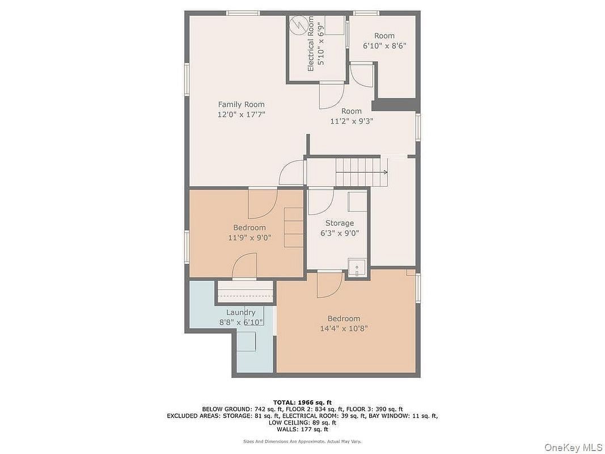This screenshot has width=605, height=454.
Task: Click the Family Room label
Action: pyautogui.click(x=241, y=104)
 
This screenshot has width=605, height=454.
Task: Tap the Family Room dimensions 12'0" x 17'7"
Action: pyautogui.click(x=241, y=114)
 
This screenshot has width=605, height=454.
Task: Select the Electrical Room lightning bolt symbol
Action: pyautogui.click(x=298, y=25)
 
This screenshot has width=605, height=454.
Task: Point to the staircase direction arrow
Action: pyautogui.click(x=362, y=172)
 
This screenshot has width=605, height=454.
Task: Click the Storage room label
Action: pyautogui.click(x=340, y=223)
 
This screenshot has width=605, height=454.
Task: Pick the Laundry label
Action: pyautogui.click(x=241, y=312)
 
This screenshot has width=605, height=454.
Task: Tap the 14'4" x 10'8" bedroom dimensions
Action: pyautogui.click(x=344, y=329)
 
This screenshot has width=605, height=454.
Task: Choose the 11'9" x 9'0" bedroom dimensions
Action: pyautogui.click(x=249, y=238)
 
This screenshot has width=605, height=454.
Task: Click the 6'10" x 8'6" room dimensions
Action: pyautogui.click(x=384, y=45)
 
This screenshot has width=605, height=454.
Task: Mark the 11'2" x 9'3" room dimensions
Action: pyautogui.click(x=351, y=121)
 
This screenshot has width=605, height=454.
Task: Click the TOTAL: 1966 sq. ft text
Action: pyautogui.click(x=302, y=403)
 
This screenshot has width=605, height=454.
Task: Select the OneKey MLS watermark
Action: pyautogui.click(x=573, y=447)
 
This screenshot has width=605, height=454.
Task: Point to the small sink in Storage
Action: pyautogui.click(x=357, y=268)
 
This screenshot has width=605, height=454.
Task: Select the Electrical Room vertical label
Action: pyautogui.click(x=311, y=44)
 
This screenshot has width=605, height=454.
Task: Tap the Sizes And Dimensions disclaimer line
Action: pyautogui.click(x=302, y=441)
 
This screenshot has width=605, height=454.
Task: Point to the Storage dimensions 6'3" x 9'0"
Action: pyautogui.click(x=340, y=233)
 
